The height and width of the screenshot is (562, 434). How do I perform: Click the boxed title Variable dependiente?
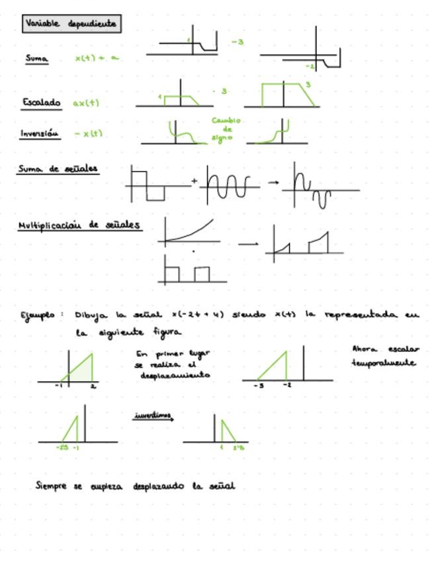71,24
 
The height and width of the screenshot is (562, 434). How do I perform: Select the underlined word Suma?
37,58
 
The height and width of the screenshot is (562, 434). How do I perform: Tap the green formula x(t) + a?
97,58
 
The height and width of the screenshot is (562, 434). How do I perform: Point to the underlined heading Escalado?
41,103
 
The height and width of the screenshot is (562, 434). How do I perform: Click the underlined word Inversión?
40,133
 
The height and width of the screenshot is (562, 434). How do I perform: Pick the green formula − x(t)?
89,133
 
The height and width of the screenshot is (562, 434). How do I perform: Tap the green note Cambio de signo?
226,129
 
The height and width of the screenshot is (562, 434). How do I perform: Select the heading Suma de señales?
58,169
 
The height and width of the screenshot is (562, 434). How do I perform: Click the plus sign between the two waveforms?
195,180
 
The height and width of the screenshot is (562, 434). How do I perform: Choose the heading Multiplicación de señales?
79,225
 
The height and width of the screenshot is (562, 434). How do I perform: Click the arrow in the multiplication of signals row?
248,244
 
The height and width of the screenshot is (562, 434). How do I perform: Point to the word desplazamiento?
175,375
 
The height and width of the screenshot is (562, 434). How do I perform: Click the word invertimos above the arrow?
153,416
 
